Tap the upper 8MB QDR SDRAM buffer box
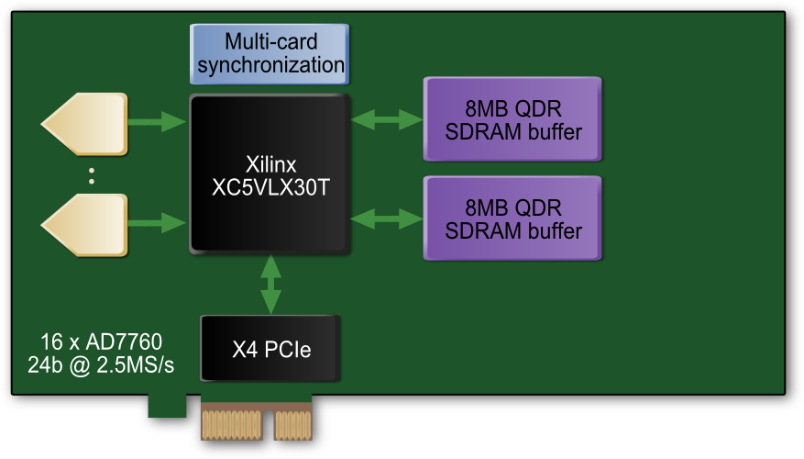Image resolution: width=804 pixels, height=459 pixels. [x=512, y=119]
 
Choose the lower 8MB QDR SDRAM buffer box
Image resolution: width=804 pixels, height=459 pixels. [x=512, y=218]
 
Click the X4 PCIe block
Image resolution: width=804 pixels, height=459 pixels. [x=270, y=349]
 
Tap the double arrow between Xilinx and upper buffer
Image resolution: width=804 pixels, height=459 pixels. [x=386, y=118]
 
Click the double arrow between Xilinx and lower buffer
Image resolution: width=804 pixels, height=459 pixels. [x=386, y=218]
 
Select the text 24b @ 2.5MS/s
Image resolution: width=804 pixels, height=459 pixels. [x=101, y=366]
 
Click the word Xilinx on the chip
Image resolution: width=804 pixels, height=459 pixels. [x=270, y=164]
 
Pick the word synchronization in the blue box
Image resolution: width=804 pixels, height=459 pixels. [x=270, y=66]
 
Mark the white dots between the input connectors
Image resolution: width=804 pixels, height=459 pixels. [x=92, y=174]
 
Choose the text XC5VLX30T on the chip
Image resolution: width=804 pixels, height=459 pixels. [x=270, y=186]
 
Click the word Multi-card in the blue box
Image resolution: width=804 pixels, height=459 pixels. [x=270, y=41]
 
